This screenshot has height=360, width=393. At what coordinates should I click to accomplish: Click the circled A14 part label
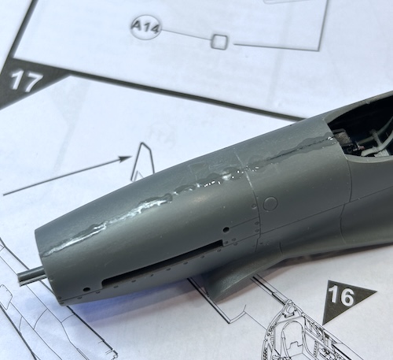coord(145,27)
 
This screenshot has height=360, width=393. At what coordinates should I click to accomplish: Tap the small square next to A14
coord(219,42)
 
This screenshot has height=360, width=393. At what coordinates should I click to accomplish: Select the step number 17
coord(27,81)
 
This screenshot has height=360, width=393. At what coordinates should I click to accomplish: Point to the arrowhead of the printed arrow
coord(124,159)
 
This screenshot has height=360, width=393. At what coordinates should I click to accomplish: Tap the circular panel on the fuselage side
coord(270,203)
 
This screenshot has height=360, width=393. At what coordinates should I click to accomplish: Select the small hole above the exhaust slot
coord(226,230)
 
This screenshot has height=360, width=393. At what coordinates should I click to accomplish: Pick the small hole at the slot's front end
coord(86,290)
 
